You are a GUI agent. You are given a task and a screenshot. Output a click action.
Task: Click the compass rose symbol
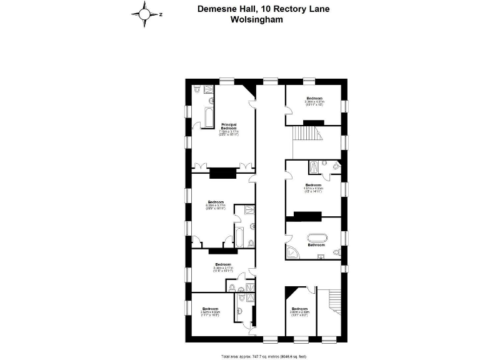point(144,13)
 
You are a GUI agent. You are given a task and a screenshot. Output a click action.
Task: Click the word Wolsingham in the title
point(257,19)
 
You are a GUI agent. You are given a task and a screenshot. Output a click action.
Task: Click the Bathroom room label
point(316,245)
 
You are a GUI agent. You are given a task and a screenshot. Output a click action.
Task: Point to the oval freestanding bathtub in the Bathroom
point(317,237)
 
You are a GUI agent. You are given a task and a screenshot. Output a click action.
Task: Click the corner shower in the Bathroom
point(292,251)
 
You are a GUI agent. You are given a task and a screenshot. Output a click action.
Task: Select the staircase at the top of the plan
point(307,134)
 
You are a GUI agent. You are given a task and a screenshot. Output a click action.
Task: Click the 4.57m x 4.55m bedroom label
point(313,188)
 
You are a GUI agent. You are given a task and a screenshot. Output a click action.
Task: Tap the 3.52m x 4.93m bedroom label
point(210,312)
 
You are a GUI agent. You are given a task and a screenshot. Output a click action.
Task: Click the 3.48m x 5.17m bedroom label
point(222,267)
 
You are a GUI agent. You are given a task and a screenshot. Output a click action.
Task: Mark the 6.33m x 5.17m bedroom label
point(216,204)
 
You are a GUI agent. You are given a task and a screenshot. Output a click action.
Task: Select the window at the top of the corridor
point(270,80)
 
